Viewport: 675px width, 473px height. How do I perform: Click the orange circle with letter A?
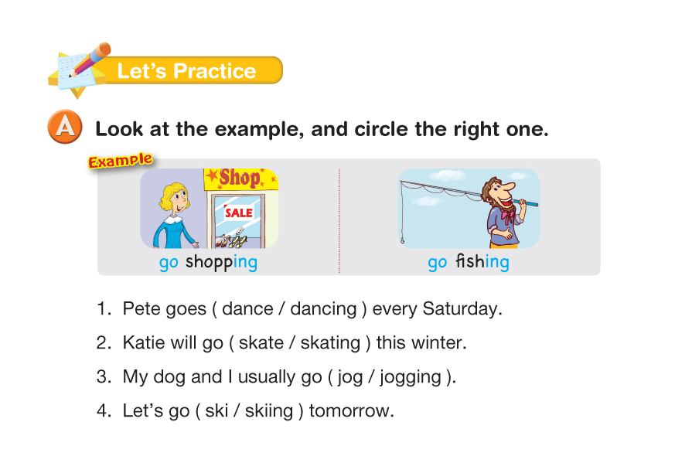pos(65,127)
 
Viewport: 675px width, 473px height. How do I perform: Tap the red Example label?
pos(120,161)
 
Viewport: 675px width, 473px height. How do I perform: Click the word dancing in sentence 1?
pos(323,309)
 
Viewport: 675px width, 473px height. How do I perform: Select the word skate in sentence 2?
pos(261,343)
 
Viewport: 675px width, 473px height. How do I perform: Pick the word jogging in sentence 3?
pos(411,378)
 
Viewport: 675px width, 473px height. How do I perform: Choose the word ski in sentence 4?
pos(216,410)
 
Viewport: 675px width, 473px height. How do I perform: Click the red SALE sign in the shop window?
pos(239,213)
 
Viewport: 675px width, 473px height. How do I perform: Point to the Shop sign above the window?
pos(240,179)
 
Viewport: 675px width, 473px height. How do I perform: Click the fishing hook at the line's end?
pos(402,240)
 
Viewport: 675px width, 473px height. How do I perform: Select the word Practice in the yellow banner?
pos(214,71)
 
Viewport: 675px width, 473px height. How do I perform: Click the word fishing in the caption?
pos(482,261)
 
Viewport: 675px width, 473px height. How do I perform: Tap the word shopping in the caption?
pos(221,262)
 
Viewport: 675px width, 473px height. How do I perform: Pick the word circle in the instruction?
pos(381,129)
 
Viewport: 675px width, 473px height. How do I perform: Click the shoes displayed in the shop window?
pos(232,240)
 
